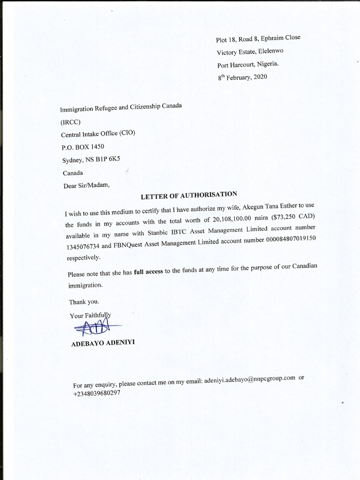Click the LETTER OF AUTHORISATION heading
pyautogui.click(x=189, y=195)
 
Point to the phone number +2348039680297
pyautogui.click(x=97, y=394)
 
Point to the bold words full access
pyautogui.click(x=148, y=275)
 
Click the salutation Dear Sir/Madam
pyautogui.click(x=86, y=185)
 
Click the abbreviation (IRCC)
pyautogui.click(x=71, y=122)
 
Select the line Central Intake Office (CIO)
pyautogui.click(x=98, y=134)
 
